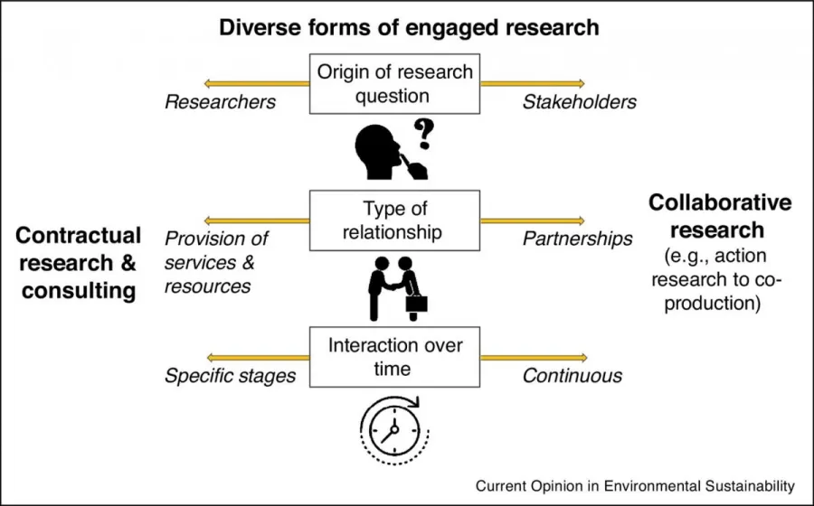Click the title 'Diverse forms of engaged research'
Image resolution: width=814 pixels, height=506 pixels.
pos(409,27)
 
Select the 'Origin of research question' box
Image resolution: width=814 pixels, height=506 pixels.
pos(394,83)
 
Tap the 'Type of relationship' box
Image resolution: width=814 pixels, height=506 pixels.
pos(394,220)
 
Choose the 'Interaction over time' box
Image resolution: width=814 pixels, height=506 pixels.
pos(394,357)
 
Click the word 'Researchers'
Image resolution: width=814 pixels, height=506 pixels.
pos(220,102)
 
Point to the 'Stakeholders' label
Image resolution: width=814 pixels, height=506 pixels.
pos(579,102)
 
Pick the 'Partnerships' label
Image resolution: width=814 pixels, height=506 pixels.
pos(577,239)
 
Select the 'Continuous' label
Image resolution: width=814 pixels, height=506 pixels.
pos(572,376)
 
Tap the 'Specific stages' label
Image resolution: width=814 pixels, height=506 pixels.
pos(230,376)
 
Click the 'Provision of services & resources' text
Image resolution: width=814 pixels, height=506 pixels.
pos(217,262)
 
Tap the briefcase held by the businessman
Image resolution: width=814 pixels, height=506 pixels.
pos(417,304)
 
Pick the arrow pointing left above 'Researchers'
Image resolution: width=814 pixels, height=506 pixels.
pos(257,84)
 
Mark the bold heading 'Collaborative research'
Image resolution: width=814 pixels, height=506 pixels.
pos(719,215)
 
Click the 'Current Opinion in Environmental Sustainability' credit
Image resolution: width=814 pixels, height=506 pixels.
pos(635,485)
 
